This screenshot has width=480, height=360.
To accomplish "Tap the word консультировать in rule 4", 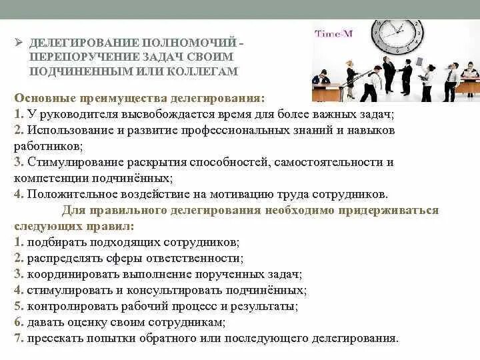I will click(x=175, y=290).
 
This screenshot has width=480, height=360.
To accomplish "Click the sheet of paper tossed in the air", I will click(x=420, y=61).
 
